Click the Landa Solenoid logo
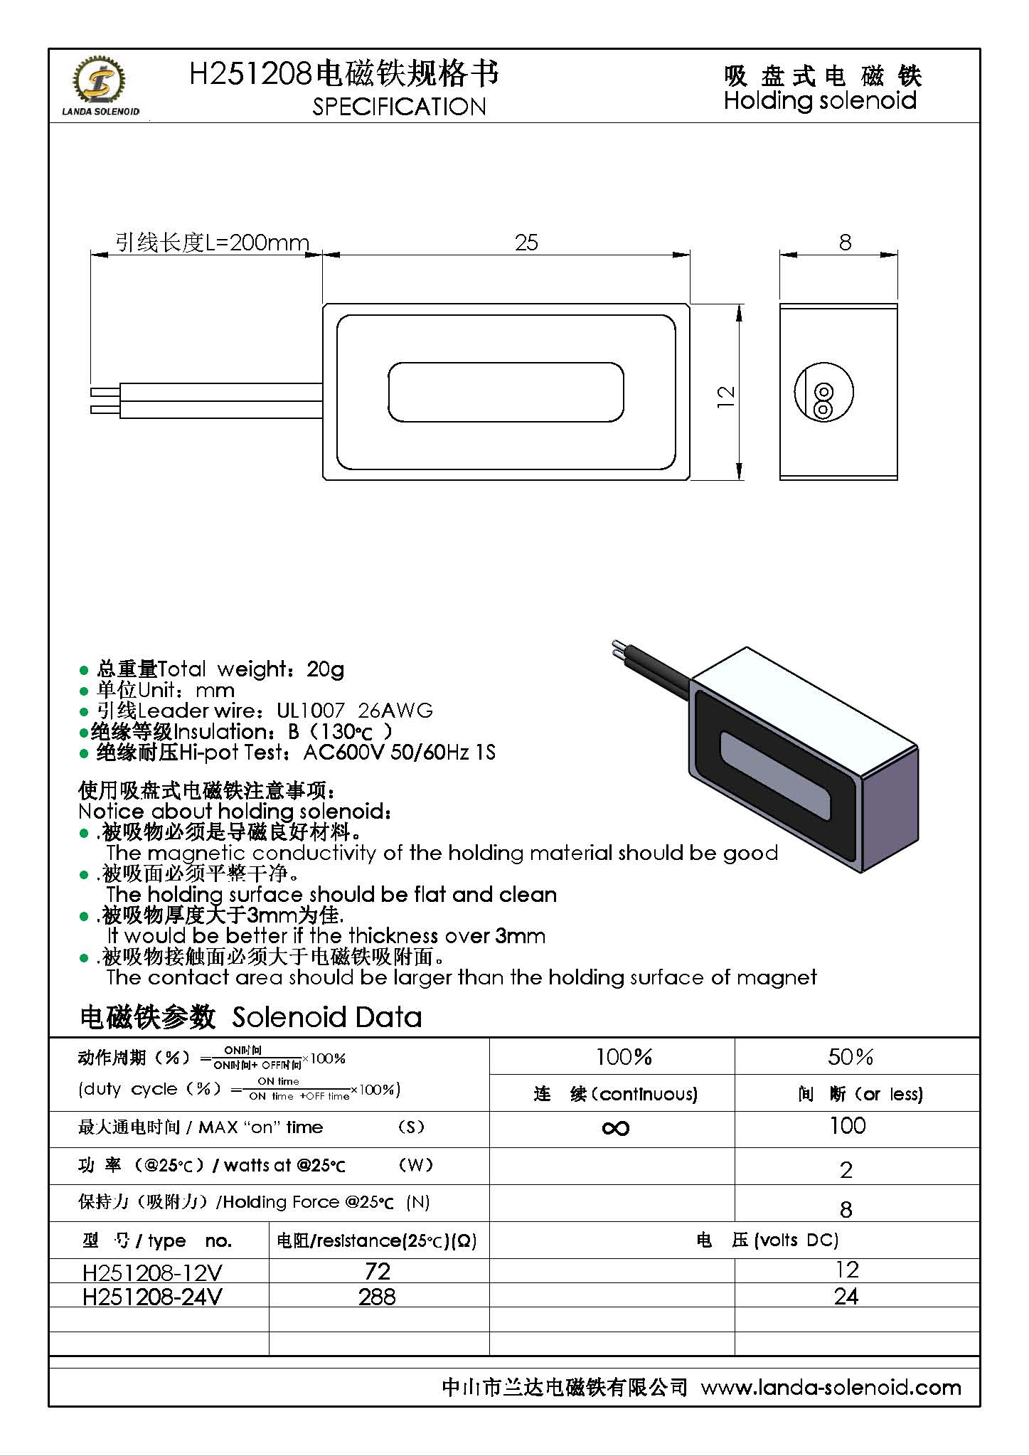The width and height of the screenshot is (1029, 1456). [100, 85]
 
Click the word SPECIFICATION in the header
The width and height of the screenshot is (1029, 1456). [399, 107]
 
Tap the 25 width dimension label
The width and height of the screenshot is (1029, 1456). [526, 243]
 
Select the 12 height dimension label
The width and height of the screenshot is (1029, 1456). [725, 396]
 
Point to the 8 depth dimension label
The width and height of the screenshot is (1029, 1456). [845, 243]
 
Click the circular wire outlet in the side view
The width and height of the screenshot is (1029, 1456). [823, 393]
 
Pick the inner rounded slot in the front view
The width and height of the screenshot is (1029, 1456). [506, 392]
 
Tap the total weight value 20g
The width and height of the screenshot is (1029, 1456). [325, 669]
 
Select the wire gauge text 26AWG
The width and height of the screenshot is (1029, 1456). [395, 711]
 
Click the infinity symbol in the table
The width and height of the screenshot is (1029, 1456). [615, 1128]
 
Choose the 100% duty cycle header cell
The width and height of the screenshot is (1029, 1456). [624, 1057]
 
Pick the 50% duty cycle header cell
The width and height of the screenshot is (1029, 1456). [850, 1057]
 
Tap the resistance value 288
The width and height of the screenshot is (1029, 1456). [377, 1297]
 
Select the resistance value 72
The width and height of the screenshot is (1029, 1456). [378, 1271]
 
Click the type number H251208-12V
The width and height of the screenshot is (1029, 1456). [152, 1272]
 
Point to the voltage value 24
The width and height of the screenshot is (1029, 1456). [846, 1297]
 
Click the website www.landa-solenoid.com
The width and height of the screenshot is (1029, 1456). [831, 1388]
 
